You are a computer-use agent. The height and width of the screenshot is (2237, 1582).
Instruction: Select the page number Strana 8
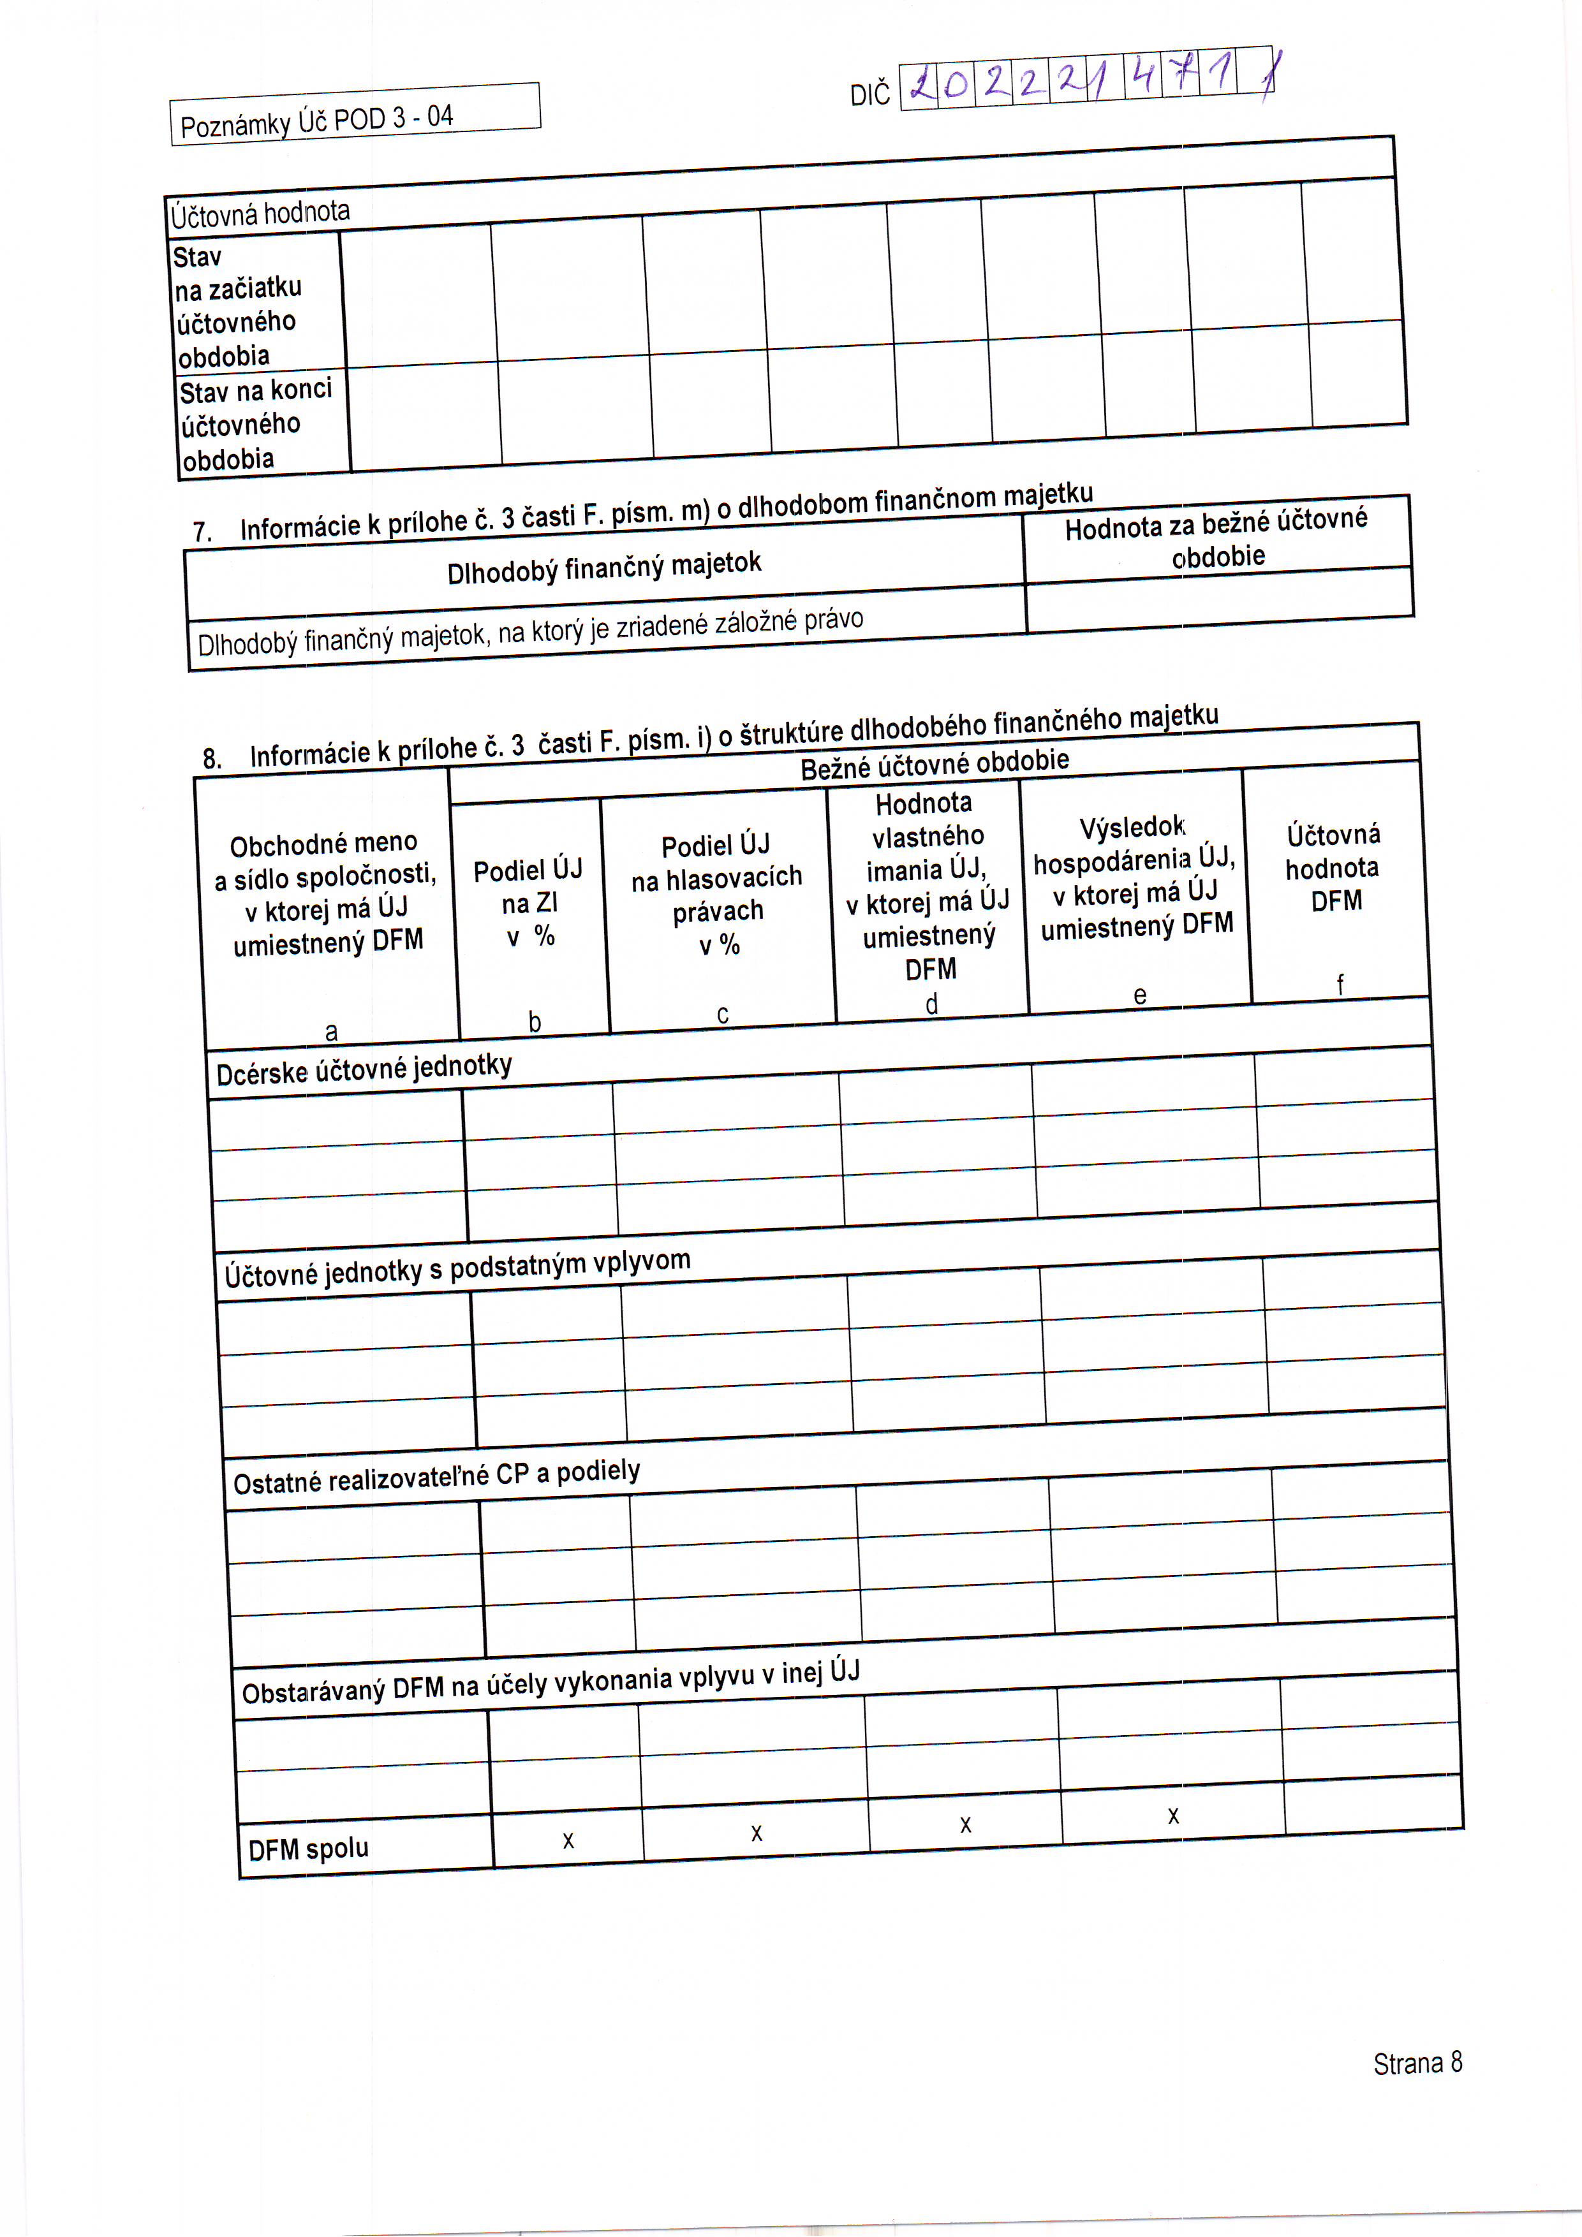(1417, 2063)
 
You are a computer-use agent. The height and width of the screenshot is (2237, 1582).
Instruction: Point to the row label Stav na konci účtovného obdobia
(255, 424)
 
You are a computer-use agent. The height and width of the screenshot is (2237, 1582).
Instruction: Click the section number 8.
(212, 759)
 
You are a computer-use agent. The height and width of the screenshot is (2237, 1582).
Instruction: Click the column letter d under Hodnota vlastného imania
(932, 1004)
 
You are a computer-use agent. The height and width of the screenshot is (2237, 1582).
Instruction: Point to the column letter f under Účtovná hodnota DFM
(1340, 985)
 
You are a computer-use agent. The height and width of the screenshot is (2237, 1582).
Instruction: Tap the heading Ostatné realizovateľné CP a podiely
(437, 1477)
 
